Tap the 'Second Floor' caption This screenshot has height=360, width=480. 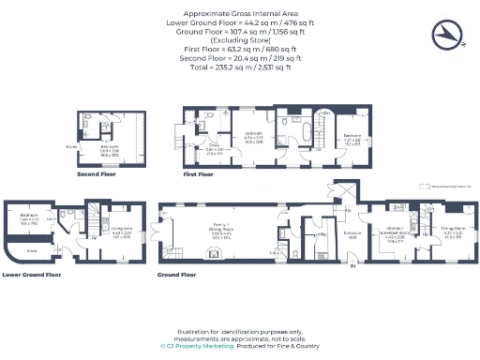pyautogui.click(x=97, y=173)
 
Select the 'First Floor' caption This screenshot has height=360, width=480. pyautogui.click(x=198, y=173)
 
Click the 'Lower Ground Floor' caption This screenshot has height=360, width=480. pyautogui.click(x=32, y=275)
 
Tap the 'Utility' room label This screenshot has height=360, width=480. pyautogui.click(x=320, y=234)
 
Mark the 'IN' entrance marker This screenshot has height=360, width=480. pyautogui.click(x=352, y=267)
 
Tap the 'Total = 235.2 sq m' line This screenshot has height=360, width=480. pyautogui.click(x=240, y=67)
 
